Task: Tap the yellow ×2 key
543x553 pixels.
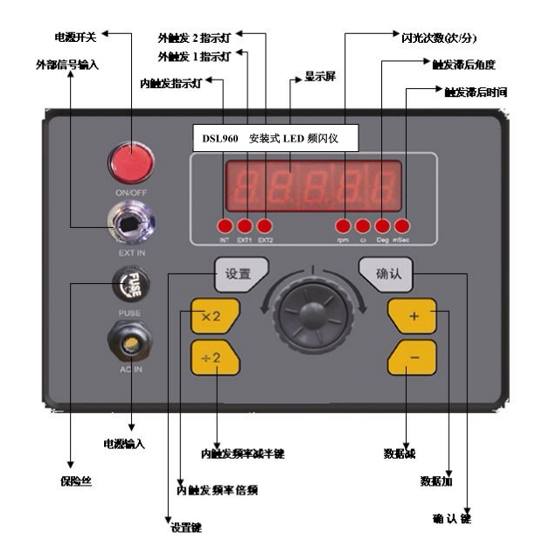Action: (x=212, y=316)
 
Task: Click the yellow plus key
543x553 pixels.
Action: (x=413, y=315)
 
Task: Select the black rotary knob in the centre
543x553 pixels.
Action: (x=313, y=314)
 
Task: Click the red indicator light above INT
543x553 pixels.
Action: (x=225, y=225)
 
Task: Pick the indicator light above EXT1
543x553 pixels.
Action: (x=245, y=225)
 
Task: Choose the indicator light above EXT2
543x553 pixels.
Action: (x=264, y=225)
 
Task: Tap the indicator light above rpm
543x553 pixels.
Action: (x=344, y=225)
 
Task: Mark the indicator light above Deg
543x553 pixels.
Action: (x=382, y=225)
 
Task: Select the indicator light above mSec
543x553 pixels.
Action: (x=401, y=225)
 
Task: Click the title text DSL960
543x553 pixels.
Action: (x=220, y=137)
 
